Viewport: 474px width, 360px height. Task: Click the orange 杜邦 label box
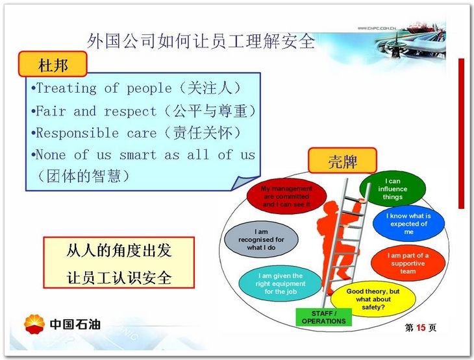pyautogui.click(x=53, y=64)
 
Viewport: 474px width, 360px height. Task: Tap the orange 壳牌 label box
pyautogui.click(x=342, y=160)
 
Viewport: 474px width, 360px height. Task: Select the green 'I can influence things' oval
pyautogui.click(x=392, y=189)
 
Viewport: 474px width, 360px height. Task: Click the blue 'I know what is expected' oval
pyautogui.click(x=408, y=224)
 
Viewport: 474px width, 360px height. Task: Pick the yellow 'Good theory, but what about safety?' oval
pyautogui.click(x=373, y=299)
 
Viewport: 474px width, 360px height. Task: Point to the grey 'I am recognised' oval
pyautogui.click(x=261, y=239)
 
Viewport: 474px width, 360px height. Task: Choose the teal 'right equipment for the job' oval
pyautogui.click(x=281, y=283)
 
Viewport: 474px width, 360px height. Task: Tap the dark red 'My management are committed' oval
pyautogui.click(x=286, y=197)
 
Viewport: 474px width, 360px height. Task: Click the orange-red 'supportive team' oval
pyautogui.click(x=408, y=263)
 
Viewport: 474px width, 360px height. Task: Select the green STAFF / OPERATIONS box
pyautogui.click(x=324, y=317)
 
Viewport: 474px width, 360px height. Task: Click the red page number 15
pyautogui.click(x=421, y=328)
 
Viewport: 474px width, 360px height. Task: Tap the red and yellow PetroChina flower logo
pyautogui.click(x=34, y=324)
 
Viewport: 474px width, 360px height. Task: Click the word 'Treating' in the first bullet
pyautogui.click(x=66, y=88)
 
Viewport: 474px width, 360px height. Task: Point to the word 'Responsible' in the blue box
pyautogui.click(x=77, y=133)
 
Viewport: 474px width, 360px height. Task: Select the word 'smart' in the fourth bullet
pyautogui.click(x=138, y=154)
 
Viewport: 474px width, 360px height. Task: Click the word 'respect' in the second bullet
pyautogui.click(x=131, y=112)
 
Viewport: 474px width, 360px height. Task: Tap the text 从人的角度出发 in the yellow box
pyautogui.click(x=119, y=250)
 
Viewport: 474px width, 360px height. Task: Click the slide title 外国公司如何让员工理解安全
pyautogui.click(x=201, y=41)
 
